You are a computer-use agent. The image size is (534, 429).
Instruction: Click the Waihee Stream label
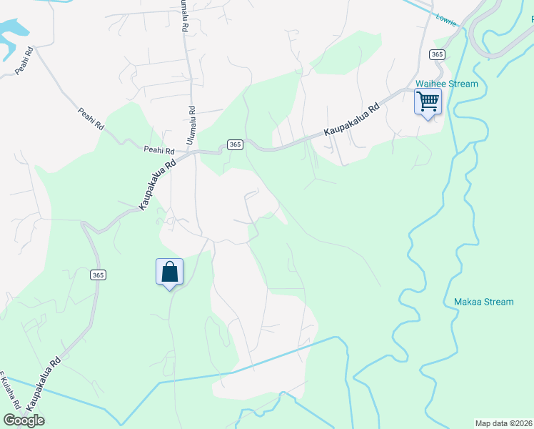447,84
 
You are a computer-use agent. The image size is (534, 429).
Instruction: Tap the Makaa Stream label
483,302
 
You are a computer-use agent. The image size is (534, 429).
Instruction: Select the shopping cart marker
428,102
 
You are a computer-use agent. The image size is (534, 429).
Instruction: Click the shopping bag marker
169,272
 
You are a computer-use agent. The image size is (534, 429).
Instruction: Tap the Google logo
24,420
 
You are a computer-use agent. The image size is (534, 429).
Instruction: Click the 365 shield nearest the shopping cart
437,54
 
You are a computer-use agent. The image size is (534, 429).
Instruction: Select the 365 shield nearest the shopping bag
99,275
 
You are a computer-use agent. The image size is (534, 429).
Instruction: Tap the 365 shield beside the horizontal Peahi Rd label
236,144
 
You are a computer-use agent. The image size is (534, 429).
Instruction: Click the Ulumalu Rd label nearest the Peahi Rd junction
191,126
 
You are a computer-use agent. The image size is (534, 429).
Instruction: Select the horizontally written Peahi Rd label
158,151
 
